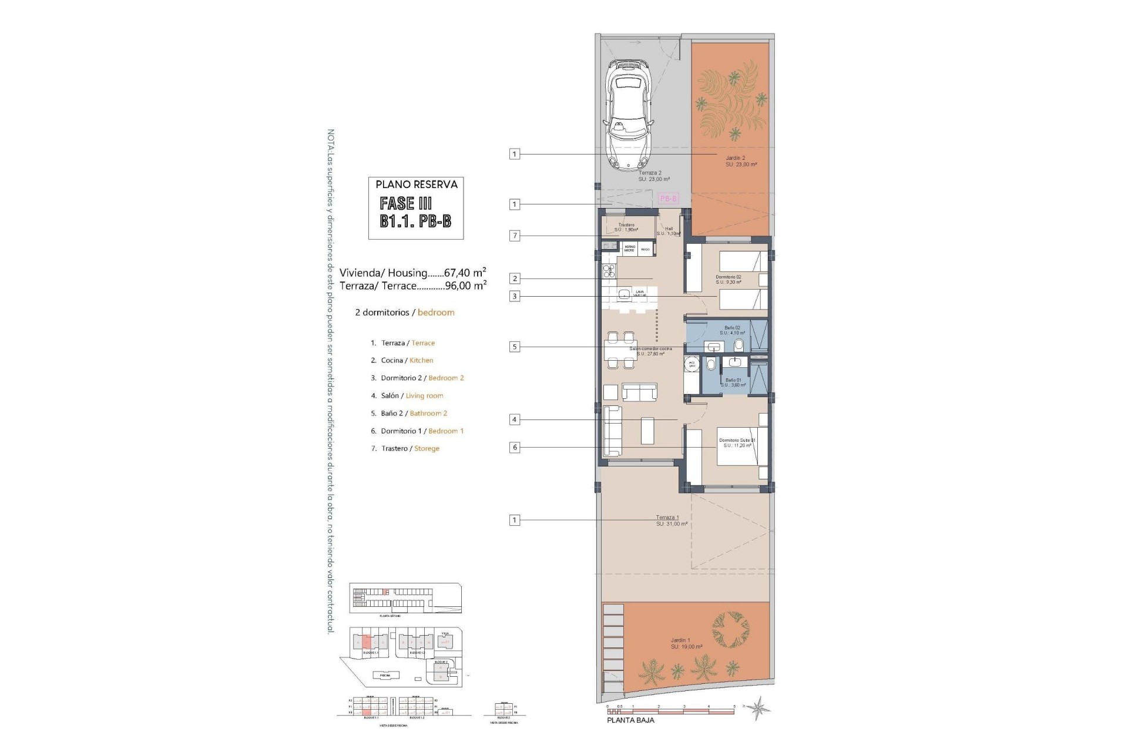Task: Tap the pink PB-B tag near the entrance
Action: click(x=668, y=199)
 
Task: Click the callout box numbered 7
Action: click(x=515, y=236)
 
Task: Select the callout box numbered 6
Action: click(x=515, y=447)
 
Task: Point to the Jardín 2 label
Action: click(x=734, y=158)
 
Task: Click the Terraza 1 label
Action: click(x=667, y=518)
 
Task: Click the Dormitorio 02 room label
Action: click(x=728, y=277)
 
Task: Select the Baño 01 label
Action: click(x=733, y=380)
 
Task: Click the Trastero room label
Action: click(x=626, y=225)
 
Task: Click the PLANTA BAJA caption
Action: click(x=630, y=720)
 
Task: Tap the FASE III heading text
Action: click(x=406, y=203)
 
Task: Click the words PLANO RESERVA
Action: click(x=417, y=184)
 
